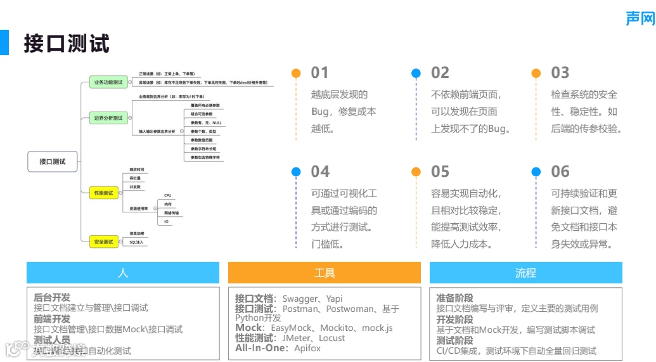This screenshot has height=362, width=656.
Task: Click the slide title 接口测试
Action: (x=67, y=44)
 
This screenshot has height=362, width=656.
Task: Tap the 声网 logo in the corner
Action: (x=639, y=18)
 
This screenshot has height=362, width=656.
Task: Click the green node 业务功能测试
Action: (x=108, y=82)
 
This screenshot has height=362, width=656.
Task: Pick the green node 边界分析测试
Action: (x=108, y=118)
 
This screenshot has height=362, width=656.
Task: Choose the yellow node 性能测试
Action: (x=103, y=193)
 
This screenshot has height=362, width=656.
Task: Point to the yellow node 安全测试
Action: (x=103, y=242)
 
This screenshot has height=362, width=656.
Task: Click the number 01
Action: (x=320, y=73)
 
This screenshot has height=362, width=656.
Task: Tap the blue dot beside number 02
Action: (x=416, y=73)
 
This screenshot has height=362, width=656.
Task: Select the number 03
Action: (x=560, y=73)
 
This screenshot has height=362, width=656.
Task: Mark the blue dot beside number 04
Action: (x=295, y=172)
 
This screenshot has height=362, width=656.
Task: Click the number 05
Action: (x=440, y=172)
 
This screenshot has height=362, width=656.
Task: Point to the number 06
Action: (x=560, y=172)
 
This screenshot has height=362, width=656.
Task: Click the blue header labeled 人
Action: (x=123, y=273)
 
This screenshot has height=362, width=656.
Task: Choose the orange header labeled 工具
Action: (x=325, y=273)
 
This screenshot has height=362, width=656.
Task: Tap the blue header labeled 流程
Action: (x=525, y=273)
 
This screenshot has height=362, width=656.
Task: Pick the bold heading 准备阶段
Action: (x=454, y=298)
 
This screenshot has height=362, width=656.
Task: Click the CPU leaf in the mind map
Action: (x=168, y=195)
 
